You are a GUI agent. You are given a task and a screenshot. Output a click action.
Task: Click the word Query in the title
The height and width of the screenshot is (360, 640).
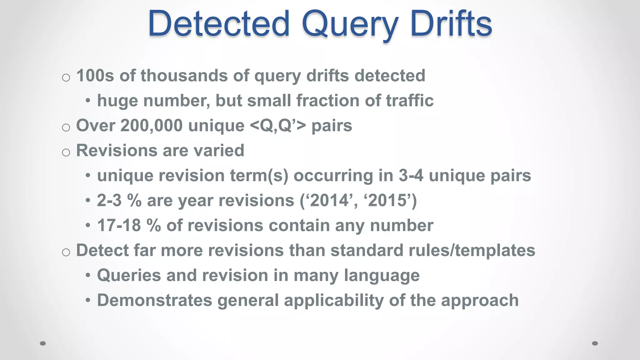click(350, 24)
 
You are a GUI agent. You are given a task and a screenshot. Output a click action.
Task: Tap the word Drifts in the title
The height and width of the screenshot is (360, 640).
click(451, 23)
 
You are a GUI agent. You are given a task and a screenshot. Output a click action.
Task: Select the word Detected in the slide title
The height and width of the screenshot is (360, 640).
click(219, 23)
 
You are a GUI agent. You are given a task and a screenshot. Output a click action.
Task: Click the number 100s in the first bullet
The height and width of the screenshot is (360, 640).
click(95, 76)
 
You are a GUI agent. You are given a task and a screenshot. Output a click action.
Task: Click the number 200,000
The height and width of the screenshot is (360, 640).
click(152, 126)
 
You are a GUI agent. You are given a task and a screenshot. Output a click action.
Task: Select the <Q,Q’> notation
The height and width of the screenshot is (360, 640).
click(278, 126)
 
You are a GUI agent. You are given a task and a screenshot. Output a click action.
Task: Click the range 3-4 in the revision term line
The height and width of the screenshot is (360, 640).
click(411, 176)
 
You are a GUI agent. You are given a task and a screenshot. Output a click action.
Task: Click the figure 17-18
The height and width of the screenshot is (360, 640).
click(119, 225)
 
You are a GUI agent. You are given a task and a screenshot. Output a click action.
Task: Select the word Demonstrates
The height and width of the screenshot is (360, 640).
click(155, 300)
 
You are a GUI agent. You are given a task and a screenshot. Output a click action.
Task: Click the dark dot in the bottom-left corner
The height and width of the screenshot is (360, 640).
click(43, 343)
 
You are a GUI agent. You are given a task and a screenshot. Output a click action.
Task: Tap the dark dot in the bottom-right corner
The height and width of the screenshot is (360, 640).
click(595, 343)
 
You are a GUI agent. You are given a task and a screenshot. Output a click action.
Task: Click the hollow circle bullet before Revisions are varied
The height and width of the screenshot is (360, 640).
click(66, 152)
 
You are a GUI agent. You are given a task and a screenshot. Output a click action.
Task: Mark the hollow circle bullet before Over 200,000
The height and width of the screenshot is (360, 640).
click(66, 127)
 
